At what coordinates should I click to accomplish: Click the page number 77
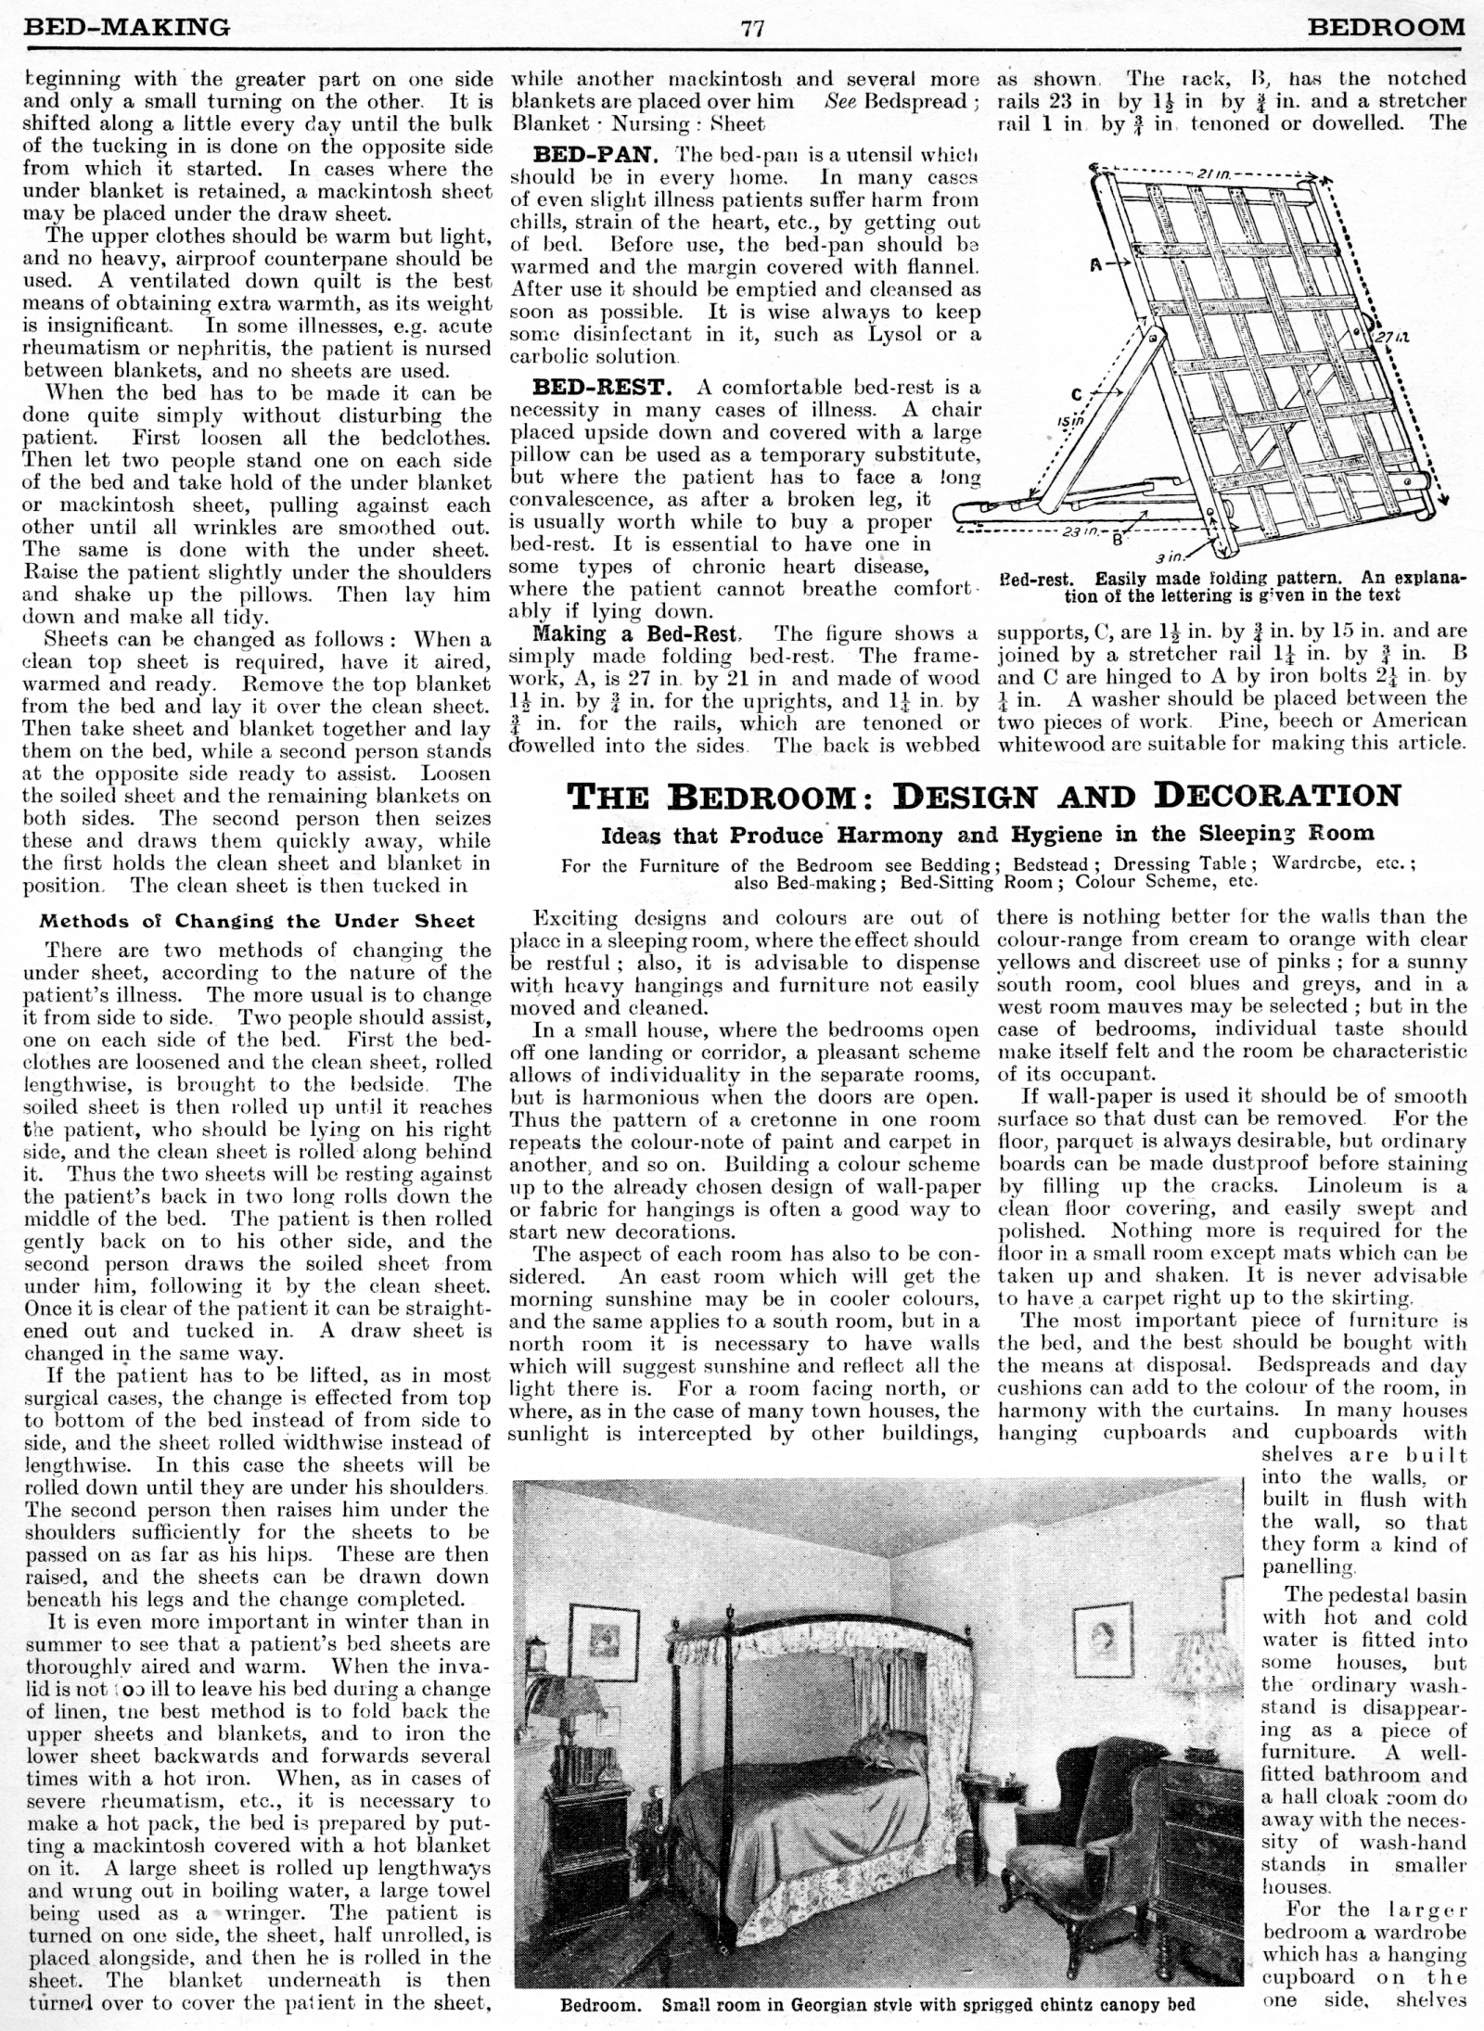[x=752, y=28]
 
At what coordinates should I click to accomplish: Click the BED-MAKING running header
[x=126, y=27]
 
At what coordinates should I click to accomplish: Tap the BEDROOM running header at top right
[x=1386, y=27]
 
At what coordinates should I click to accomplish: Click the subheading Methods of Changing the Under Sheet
[x=256, y=921]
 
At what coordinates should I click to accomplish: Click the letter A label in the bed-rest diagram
[x=1096, y=264]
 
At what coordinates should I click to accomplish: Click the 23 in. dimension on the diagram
[x=1081, y=531]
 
